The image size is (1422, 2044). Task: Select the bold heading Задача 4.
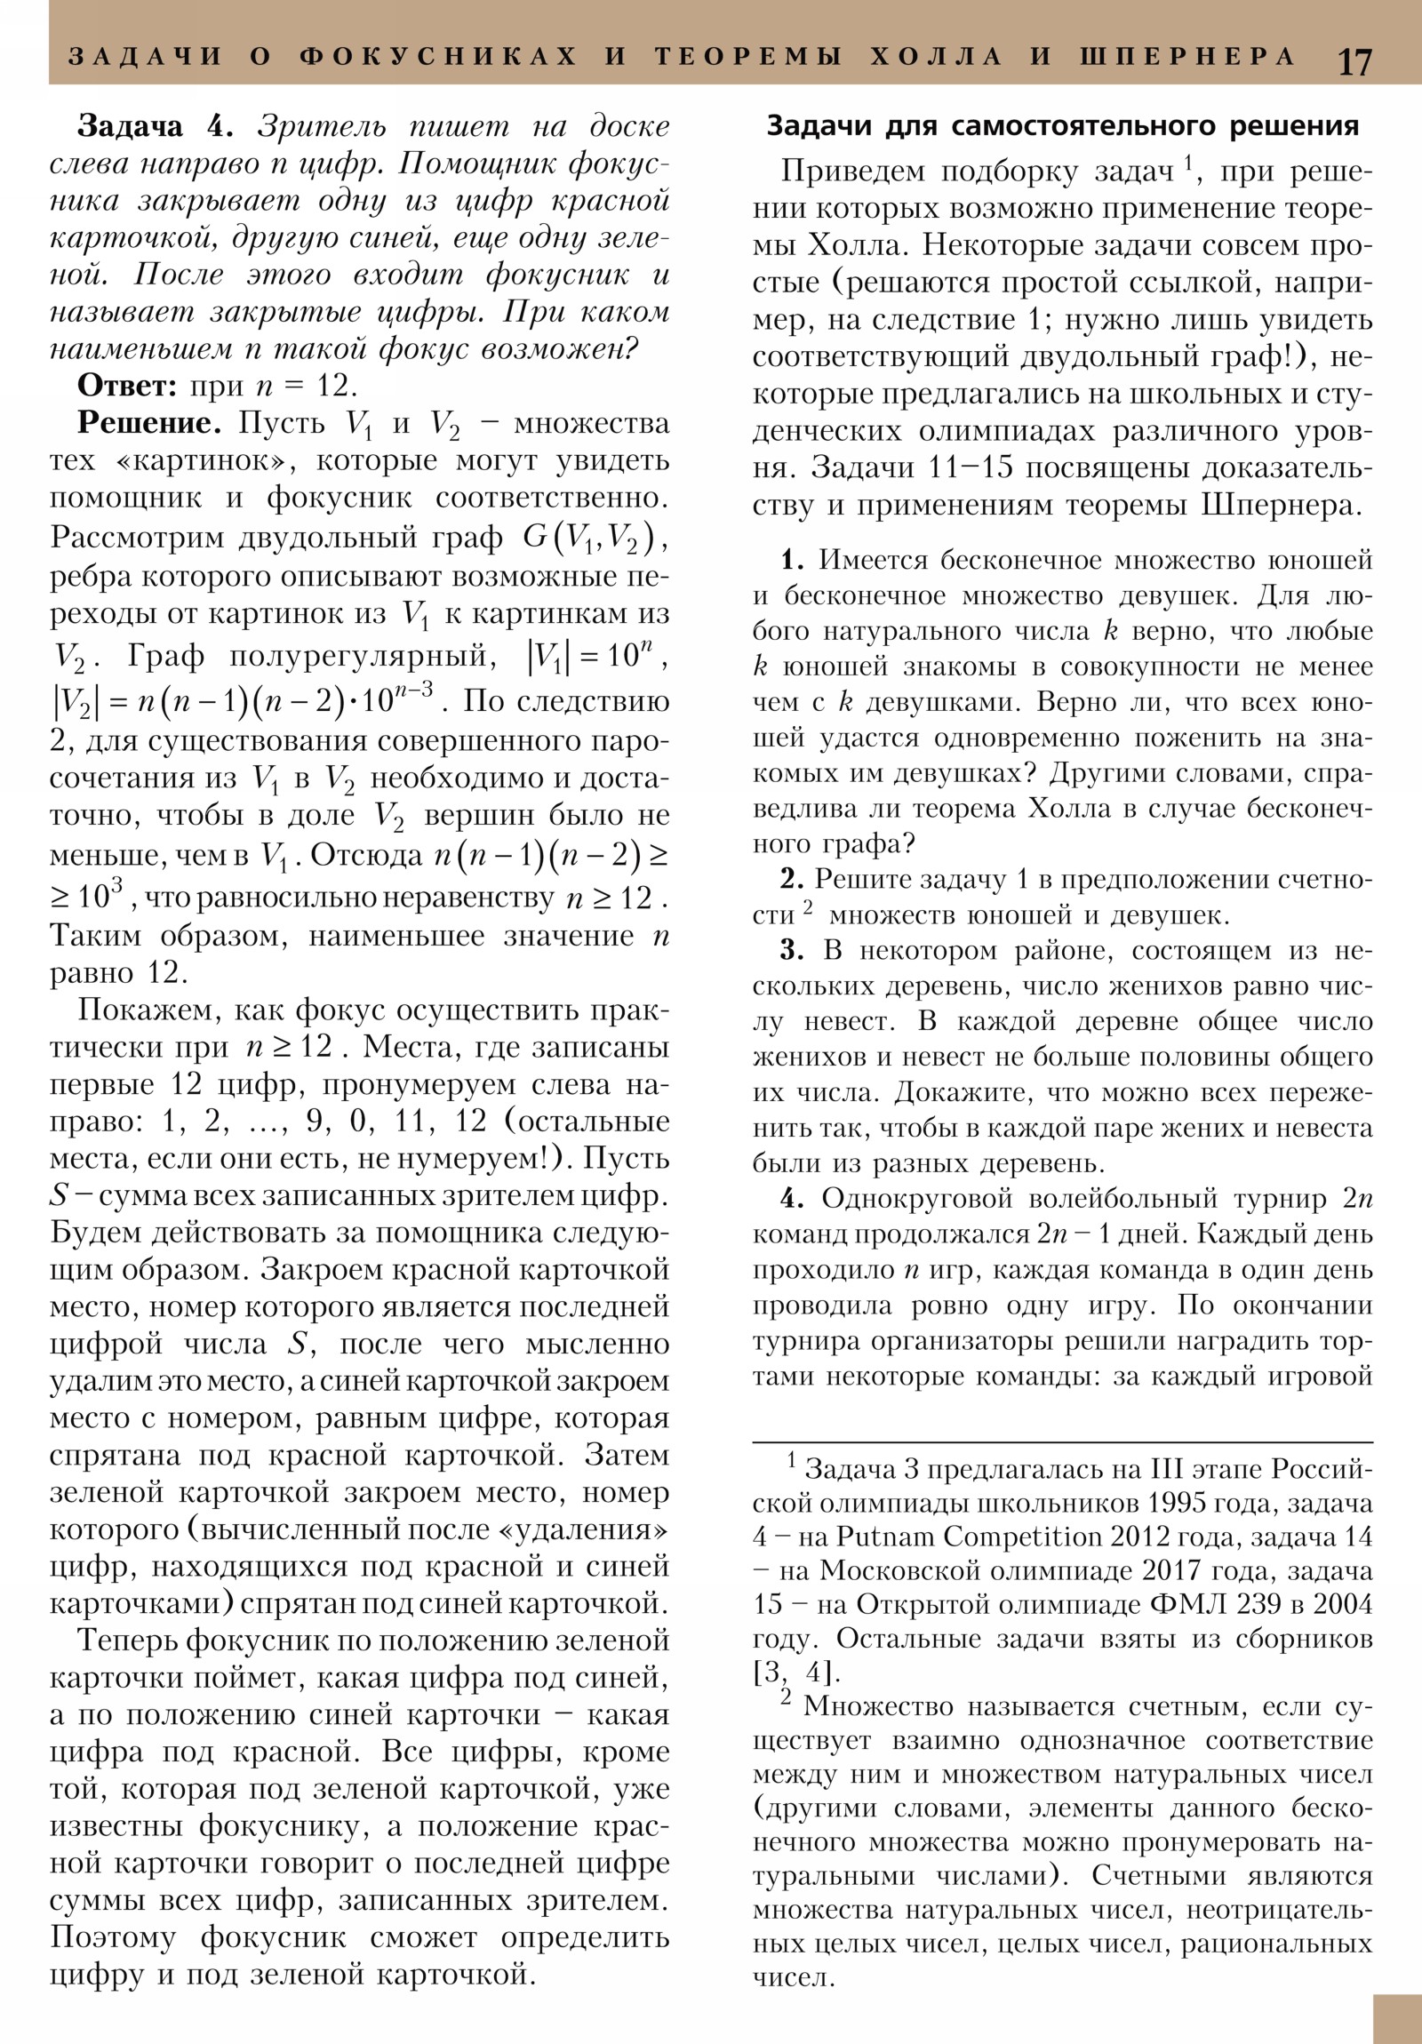(x=155, y=126)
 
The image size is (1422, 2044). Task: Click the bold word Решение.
(x=148, y=423)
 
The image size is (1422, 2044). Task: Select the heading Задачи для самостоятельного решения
(x=1062, y=126)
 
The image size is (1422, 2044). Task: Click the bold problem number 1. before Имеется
(x=793, y=560)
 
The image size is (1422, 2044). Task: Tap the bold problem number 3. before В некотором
(x=793, y=950)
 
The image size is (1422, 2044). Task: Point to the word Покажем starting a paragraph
(x=133, y=1010)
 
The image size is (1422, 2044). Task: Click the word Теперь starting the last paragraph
(x=128, y=1640)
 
